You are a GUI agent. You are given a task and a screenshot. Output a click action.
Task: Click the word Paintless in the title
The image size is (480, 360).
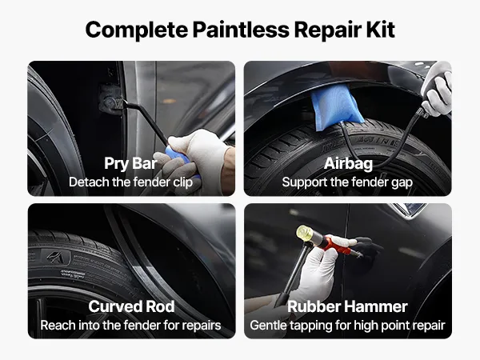(241, 30)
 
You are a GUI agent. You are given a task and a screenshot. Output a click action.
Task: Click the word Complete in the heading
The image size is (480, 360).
(137, 30)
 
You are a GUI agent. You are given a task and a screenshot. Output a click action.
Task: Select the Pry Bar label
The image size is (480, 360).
(130, 163)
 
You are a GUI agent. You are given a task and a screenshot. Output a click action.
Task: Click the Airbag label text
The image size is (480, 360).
(348, 163)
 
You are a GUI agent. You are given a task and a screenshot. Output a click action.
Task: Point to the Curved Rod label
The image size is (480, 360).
(131, 306)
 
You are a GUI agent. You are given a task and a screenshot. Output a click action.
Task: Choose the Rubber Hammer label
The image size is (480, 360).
(347, 306)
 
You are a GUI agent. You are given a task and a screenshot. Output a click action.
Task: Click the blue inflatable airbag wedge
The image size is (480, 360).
(336, 107)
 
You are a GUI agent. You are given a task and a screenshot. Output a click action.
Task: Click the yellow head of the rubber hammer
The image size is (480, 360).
(303, 233)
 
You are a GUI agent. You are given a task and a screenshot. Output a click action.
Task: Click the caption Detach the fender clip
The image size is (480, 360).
(130, 182)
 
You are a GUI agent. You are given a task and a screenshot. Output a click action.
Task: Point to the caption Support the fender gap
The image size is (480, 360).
(347, 182)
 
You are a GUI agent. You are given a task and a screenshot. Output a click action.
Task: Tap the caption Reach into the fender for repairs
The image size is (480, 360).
(130, 325)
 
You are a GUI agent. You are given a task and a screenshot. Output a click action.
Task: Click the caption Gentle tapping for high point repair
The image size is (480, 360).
(347, 326)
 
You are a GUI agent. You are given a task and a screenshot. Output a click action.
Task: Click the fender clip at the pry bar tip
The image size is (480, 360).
(110, 98)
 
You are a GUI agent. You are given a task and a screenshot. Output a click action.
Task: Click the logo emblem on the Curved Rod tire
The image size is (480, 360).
(56, 257)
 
